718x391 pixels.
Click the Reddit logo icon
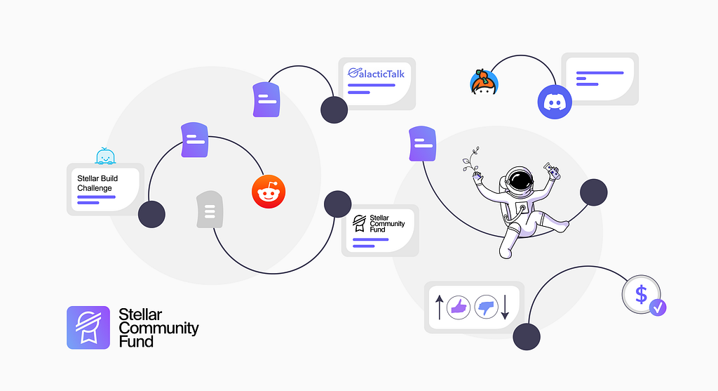pos(270,192)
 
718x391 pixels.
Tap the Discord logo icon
pos(555,102)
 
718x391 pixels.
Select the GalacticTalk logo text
pos(377,73)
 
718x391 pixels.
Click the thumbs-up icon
pos(458,307)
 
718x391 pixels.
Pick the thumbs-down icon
pos(486,307)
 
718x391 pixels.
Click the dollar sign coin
pos(641,294)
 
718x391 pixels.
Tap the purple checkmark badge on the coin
pos(658,307)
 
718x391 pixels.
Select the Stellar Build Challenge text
pos(97,183)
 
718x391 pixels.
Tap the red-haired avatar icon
pos(483,83)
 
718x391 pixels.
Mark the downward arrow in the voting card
pos(505,307)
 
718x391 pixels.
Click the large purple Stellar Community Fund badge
pos(88,327)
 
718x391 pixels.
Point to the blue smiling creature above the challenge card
pos(105,157)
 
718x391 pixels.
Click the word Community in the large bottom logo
pos(158,328)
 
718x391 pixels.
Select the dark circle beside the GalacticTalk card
pos(334,110)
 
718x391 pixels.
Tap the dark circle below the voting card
pos(527,337)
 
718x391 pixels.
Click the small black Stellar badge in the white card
pos(360,224)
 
